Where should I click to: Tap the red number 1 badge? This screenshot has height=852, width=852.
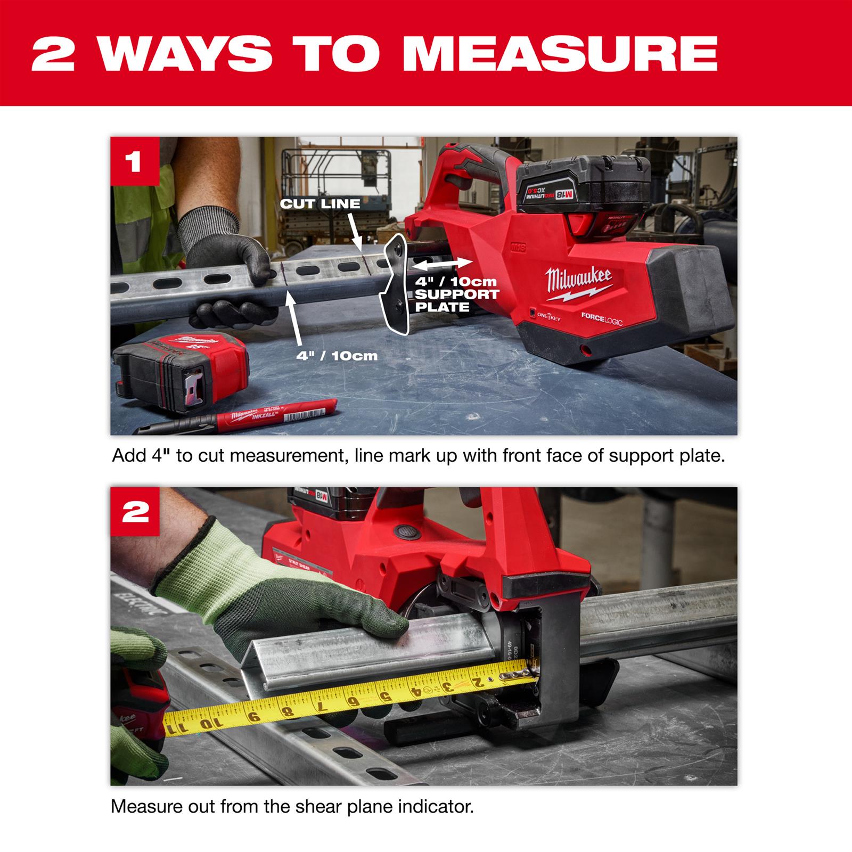(135, 161)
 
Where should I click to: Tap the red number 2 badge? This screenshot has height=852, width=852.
(135, 512)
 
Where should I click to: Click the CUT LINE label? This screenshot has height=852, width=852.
(320, 203)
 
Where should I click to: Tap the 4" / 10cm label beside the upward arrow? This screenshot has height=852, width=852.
(337, 355)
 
